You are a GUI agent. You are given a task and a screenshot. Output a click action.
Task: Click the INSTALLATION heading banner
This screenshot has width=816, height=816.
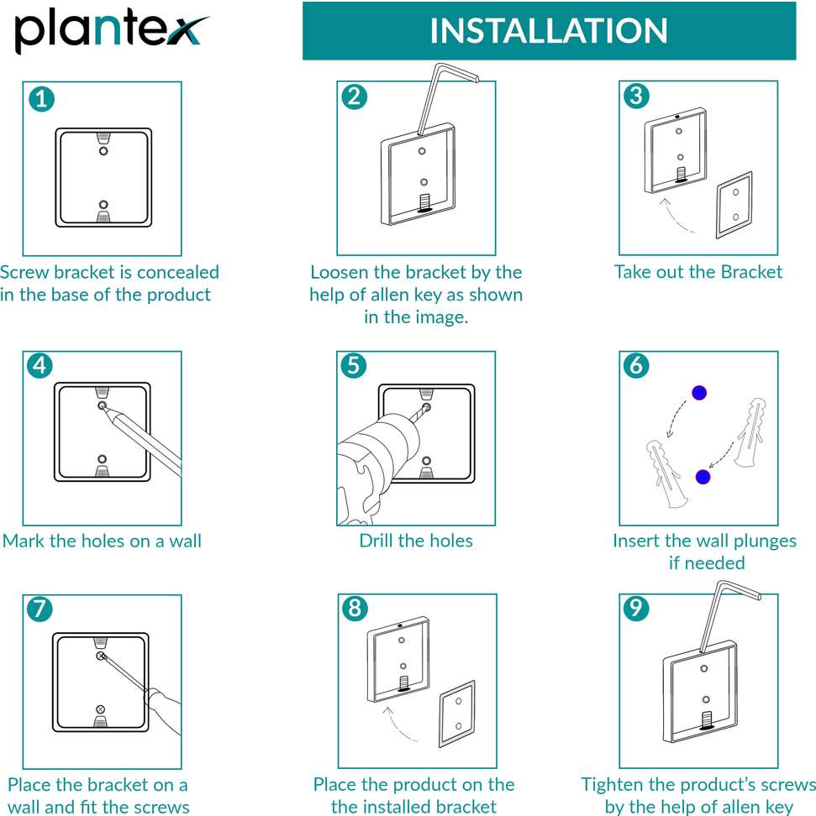click(549, 31)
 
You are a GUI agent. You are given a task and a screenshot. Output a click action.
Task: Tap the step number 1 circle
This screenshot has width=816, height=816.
click(41, 98)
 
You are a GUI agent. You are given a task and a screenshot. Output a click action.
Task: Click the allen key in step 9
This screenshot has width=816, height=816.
click(723, 613)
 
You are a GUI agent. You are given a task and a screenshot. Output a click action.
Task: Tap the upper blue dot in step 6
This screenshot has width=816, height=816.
click(699, 392)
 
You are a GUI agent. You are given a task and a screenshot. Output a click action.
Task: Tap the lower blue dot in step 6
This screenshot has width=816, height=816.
click(703, 477)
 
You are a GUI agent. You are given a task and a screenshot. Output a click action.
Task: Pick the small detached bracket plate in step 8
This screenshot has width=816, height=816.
click(458, 713)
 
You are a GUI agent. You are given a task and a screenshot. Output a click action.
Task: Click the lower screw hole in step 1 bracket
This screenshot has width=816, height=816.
click(103, 205)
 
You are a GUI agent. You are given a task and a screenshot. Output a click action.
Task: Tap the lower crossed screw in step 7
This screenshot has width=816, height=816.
click(101, 709)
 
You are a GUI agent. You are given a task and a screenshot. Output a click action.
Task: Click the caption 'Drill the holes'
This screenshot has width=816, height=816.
click(416, 541)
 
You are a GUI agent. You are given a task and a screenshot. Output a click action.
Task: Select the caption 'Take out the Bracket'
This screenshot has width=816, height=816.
click(698, 272)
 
